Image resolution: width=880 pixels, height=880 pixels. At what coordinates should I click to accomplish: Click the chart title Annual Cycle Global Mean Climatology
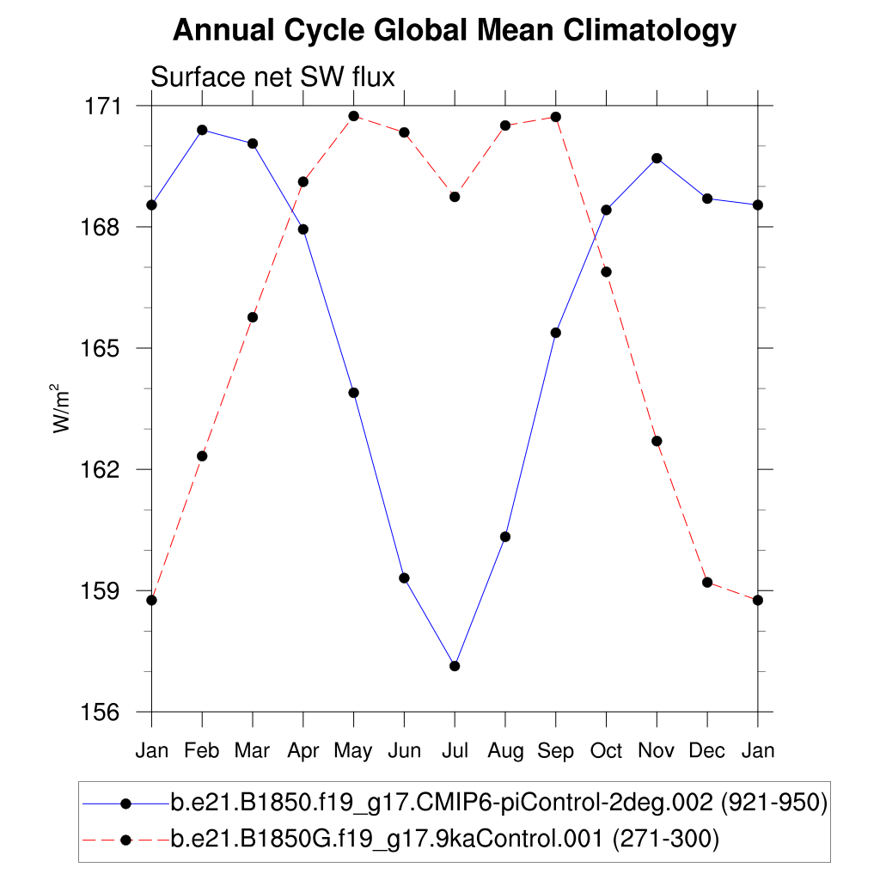coord(455,32)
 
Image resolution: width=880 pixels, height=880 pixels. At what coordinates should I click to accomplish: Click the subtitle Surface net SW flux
coord(272,77)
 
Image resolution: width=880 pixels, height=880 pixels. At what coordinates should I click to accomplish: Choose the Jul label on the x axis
coord(455,751)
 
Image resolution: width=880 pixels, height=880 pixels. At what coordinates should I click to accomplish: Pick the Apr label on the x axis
coord(302,751)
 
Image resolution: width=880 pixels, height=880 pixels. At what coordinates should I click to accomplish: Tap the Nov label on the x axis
coord(657,751)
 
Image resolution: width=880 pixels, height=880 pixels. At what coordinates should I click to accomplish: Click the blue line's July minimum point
coord(455,666)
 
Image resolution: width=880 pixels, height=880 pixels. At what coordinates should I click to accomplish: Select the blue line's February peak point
coord(202,130)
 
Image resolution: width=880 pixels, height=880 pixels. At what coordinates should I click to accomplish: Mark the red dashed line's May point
coord(353,116)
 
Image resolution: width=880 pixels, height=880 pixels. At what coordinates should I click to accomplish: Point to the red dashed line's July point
coord(455,197)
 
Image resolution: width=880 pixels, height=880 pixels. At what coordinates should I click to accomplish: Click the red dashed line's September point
coord(556,117)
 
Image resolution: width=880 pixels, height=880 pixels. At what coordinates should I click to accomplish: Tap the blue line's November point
coord(657,158)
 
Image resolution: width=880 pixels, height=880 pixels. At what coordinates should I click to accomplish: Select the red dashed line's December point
coord(707,582)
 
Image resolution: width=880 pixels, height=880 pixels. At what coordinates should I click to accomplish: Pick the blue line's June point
coord(404,577)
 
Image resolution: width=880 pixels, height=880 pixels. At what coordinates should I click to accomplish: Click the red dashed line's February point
coord(202,455)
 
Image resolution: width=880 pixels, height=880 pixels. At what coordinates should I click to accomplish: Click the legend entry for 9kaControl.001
coord(445,839)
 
